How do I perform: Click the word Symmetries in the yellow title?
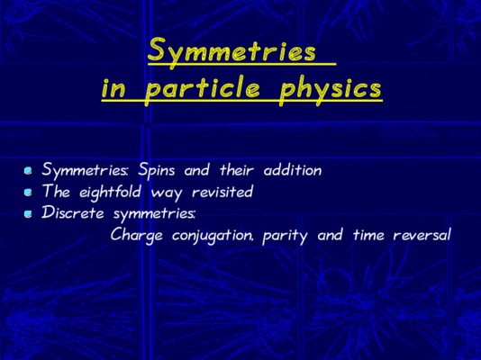(x=231, y=51)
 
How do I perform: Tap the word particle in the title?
(x=203, y=89)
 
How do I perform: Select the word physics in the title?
(x=330, y=89)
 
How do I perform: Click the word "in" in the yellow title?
(x=113, y=89)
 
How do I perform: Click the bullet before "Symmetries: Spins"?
(x=28, y=170)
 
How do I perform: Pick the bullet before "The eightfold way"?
(x=28, y=192)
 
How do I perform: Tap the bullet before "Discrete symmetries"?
(x=28, y=213)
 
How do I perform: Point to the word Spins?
(x=156, y=170)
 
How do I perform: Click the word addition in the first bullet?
(x=293, y=170)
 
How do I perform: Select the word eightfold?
(x=111, y=193)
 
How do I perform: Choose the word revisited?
(x=222, y=192)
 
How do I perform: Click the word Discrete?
(x=73, y=213)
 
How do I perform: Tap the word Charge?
(x=137, y=236)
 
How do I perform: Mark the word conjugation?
(x=213, y=236)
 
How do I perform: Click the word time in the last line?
(x=368, y=235)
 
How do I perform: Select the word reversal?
(x=422, y=235)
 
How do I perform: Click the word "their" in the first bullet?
(x=237, y=170)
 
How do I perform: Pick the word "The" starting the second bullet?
(x=56, y=192)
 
